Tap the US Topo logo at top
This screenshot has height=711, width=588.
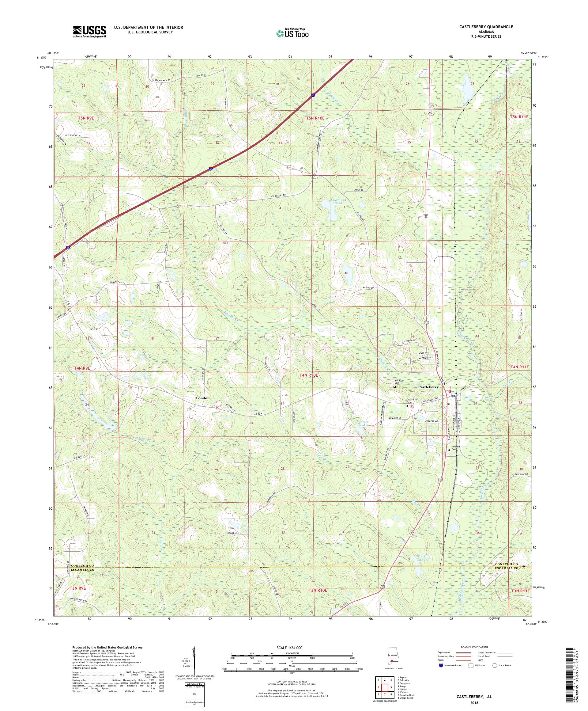click(293, 33)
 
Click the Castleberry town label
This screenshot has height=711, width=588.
click(428, 387)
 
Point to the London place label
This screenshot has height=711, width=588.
click(203, 398)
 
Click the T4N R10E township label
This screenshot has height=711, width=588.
click(309, 375)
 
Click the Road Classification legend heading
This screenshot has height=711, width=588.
click(475, 647)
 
